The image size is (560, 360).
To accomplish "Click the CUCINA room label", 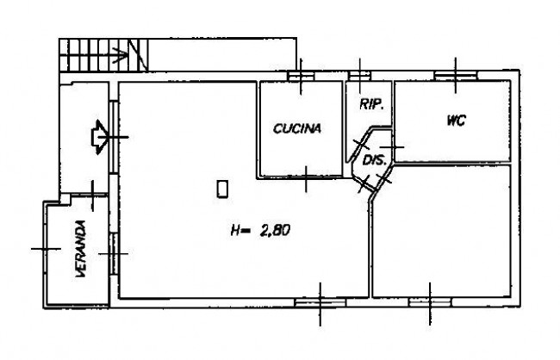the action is pos(297,128).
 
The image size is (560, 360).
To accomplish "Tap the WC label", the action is pos(456,121).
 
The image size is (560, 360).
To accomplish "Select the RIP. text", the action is pos(372,104).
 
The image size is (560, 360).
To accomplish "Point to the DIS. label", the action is pos(374,160).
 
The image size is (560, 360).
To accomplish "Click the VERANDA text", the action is pos(81,249).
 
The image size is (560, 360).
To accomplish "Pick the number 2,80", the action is pos(275,230).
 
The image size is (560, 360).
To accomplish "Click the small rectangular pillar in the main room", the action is pos(222,189).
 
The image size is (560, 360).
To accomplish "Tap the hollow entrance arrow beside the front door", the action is pos(99,137).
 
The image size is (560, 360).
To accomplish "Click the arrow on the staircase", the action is pos(120,56).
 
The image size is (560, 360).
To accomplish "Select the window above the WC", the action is pos(456,76).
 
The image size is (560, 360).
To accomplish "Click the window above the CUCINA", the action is pos(301,76).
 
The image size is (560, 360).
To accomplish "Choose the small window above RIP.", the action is pos(360,76).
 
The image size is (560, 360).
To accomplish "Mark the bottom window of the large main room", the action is pos(320,303).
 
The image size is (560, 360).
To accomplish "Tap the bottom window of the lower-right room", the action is pos(430,303).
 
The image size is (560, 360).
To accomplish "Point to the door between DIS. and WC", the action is pos(393,147).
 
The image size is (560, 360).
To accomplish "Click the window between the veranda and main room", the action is pos(113,253).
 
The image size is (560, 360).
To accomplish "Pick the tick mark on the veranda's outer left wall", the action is pos(46,249).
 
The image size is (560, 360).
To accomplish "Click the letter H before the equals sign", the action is pos(235,230).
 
